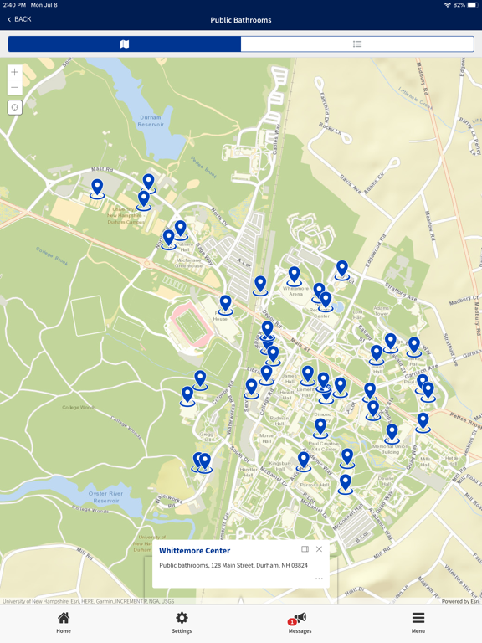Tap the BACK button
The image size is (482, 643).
(19, 19)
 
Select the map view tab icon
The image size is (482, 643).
(125, 44)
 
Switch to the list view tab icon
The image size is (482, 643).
(357, 44)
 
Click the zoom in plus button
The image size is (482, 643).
(15, 73)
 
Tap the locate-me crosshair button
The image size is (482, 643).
(15, 107)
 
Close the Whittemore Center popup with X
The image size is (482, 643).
(319, 549)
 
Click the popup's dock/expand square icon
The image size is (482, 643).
(305, 549)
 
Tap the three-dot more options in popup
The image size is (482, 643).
(319, 579)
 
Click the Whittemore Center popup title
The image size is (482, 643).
(194, 551)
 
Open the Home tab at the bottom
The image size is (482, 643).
(64, 622)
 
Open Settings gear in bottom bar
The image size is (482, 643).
(182, 622)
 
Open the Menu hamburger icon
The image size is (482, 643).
(418, 622)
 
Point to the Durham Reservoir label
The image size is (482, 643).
(150, 119)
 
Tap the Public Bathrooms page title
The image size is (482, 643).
(241, 19)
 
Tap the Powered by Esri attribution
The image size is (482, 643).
(461, 601)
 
